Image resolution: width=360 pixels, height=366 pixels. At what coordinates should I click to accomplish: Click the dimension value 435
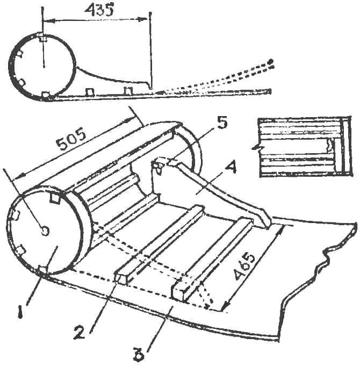[x=99, y=10]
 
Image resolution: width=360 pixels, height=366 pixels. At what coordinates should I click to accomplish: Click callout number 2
[x=80, y=332]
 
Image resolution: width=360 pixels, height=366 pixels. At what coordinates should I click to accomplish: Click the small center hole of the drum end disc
[x=45, y=231]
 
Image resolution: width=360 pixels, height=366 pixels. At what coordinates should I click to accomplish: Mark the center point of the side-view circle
[x=44, y=67]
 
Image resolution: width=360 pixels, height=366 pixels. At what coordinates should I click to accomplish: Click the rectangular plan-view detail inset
[x=304, y=147]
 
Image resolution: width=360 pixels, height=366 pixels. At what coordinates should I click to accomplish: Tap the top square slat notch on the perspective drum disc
[x=55, y=198]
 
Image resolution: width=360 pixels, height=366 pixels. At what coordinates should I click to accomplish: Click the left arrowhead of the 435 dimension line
[x=48, y=21]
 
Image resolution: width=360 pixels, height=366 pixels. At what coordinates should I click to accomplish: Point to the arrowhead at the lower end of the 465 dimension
[x=225, y=306]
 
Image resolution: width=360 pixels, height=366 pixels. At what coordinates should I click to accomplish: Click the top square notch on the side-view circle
[x=43, y=37]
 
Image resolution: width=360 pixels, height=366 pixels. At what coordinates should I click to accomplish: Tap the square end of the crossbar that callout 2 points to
[x=121, y=279]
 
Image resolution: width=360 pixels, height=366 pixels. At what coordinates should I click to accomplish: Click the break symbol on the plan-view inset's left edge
[x=258, y=147]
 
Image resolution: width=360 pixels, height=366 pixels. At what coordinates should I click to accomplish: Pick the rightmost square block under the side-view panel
[x=128, y=91]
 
